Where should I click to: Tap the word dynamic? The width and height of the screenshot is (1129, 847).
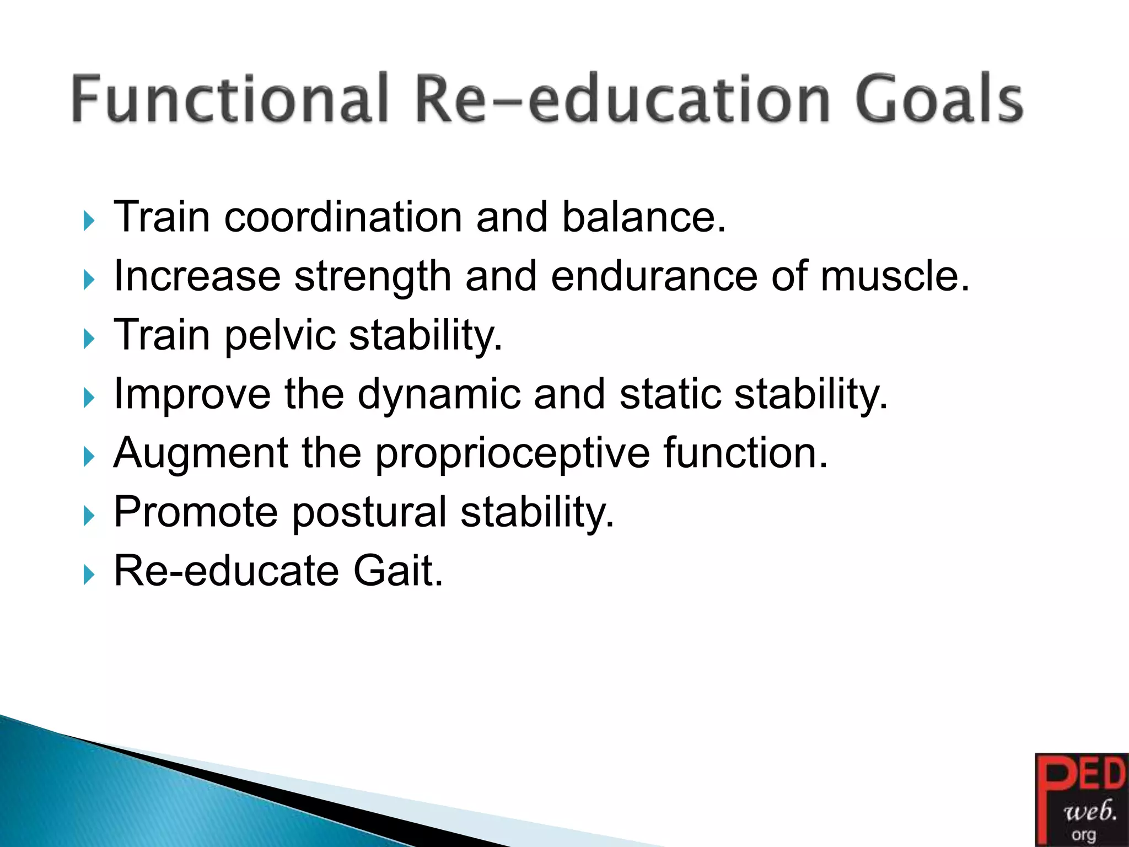coord(439,394)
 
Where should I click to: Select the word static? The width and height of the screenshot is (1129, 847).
coord(670,394)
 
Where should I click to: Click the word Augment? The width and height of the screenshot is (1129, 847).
coord(201,453)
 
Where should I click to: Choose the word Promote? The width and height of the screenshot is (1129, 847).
coord(196,512)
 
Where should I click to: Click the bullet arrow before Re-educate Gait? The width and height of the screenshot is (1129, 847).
coord(89,575)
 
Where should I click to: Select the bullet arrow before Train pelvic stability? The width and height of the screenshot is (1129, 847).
coord(89,339)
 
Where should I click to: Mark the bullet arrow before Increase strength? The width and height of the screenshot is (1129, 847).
coord(89,280)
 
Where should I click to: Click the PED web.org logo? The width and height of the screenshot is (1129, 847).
coord(1081,800)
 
